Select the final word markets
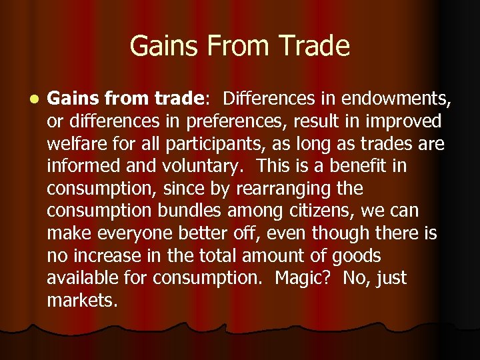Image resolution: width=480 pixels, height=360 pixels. click(82, 300)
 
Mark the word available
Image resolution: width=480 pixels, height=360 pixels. click(88, 278)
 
